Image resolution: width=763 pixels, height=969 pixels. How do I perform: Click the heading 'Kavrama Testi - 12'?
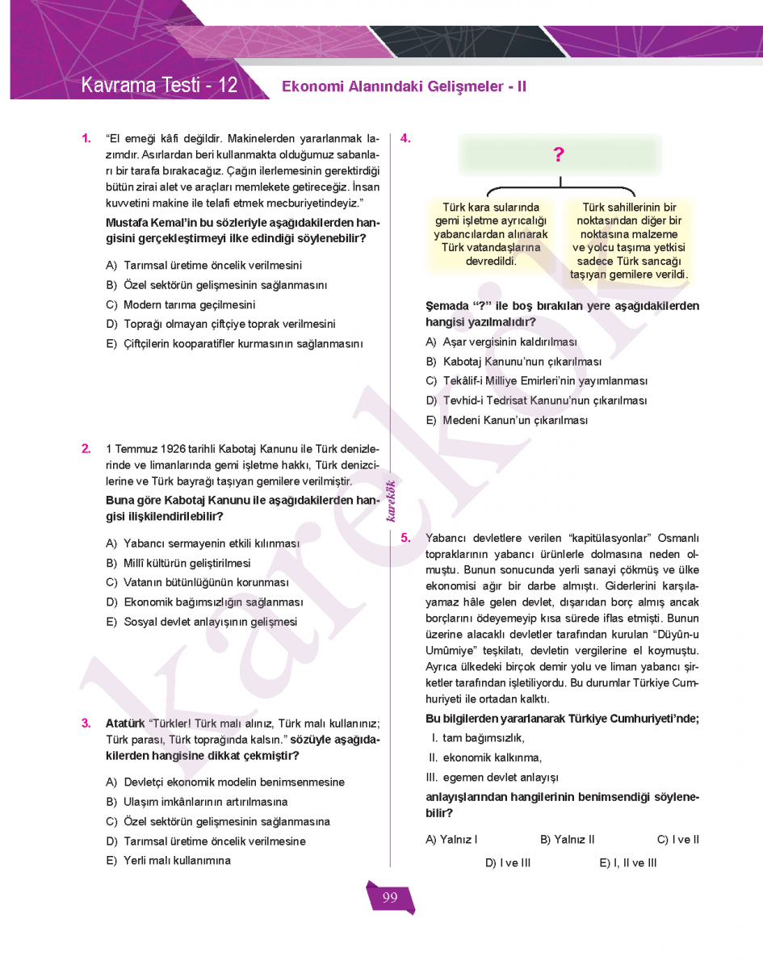click(159, 85)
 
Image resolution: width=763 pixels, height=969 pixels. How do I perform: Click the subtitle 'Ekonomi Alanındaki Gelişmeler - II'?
click(404, 86)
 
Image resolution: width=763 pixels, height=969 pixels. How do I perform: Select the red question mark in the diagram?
click(559, 156)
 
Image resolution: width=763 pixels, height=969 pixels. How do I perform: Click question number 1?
click(86, 138)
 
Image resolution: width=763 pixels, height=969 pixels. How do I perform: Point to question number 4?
click(405, 138)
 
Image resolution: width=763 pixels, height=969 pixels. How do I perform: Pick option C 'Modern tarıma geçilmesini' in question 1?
click(189, 305)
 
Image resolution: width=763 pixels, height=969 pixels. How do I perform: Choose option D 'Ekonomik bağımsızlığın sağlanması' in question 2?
click(213, 602)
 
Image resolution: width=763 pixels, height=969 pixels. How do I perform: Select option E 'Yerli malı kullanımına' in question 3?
click(177, 861)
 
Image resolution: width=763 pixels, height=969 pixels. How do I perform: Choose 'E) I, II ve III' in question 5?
click(628, 863)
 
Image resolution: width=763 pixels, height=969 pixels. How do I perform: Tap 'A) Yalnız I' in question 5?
click(451, 840)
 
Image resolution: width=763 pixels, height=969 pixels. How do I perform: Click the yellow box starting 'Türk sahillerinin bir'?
click(629, 241)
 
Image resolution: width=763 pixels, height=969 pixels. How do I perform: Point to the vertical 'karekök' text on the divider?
click(391, 501)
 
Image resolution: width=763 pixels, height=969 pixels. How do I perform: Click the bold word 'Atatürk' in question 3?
click(125, 723)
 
